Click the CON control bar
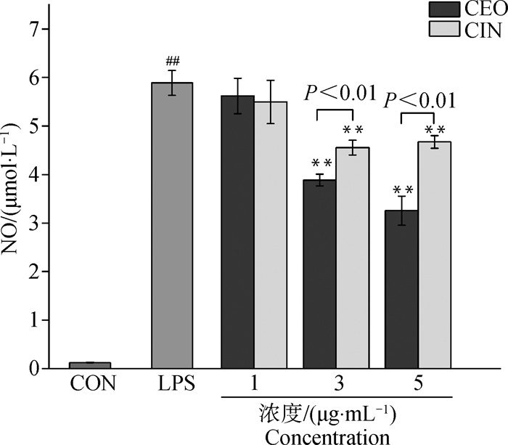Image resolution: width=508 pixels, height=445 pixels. coord(89,365)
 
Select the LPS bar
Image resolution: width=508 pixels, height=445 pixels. coord(171,226)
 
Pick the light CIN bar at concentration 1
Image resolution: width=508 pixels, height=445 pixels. coord(271,235)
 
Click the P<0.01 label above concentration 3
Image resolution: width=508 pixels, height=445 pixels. coord(340,93)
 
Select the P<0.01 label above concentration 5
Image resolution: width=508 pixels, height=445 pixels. coord(421,99)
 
